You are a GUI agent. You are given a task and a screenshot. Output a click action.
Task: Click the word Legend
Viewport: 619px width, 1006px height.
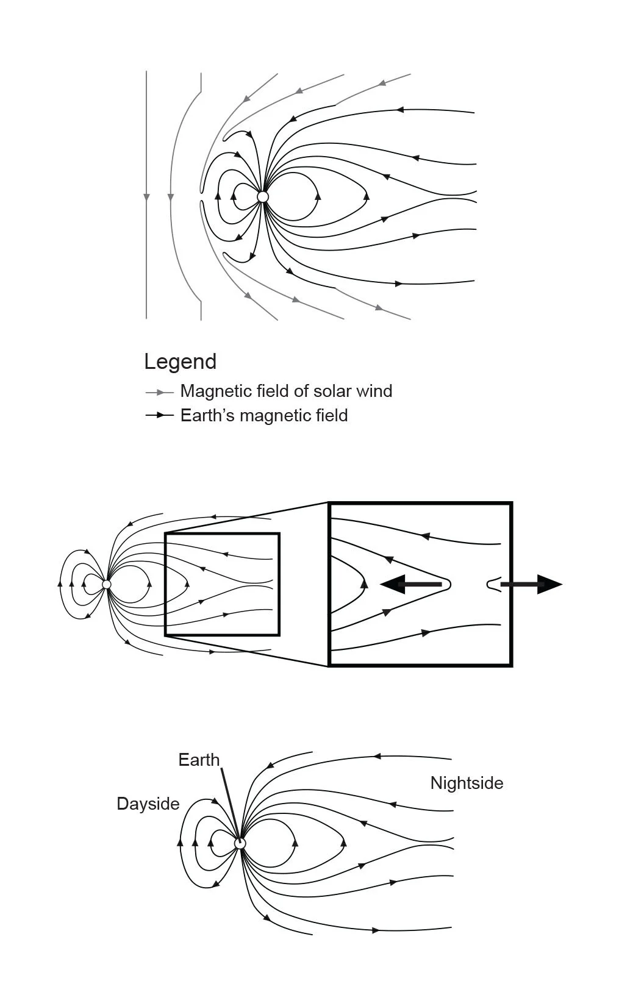coord(180,362)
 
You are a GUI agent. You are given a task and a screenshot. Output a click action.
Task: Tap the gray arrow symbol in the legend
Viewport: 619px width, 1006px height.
coord(159,392)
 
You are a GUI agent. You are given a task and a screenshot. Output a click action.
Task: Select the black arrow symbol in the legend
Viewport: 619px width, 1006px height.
coord(159,415)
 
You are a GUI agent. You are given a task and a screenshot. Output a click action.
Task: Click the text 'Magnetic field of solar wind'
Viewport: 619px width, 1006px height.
coord(286,391)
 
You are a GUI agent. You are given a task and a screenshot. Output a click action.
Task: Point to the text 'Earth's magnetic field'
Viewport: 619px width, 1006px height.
coord(263,415)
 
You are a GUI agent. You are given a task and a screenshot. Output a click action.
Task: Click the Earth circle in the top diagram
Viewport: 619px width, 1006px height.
coord(263,197)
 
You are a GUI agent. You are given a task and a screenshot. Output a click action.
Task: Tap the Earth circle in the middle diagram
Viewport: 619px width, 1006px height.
coord(107,584)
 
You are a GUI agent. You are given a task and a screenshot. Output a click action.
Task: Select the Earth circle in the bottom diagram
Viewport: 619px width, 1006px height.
coord(240,843)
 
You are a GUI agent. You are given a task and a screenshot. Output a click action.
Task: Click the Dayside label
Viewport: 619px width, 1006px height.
coord(148,804)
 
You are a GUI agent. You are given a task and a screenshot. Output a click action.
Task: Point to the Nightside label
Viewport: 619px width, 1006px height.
coord(467,783)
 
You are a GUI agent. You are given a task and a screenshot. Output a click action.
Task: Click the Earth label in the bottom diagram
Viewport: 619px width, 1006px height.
coord(198,760)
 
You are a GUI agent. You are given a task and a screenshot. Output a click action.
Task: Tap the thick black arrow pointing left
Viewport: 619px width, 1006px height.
coord(412,584)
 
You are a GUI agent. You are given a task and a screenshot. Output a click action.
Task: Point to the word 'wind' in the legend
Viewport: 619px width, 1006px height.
coord(374,391)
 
